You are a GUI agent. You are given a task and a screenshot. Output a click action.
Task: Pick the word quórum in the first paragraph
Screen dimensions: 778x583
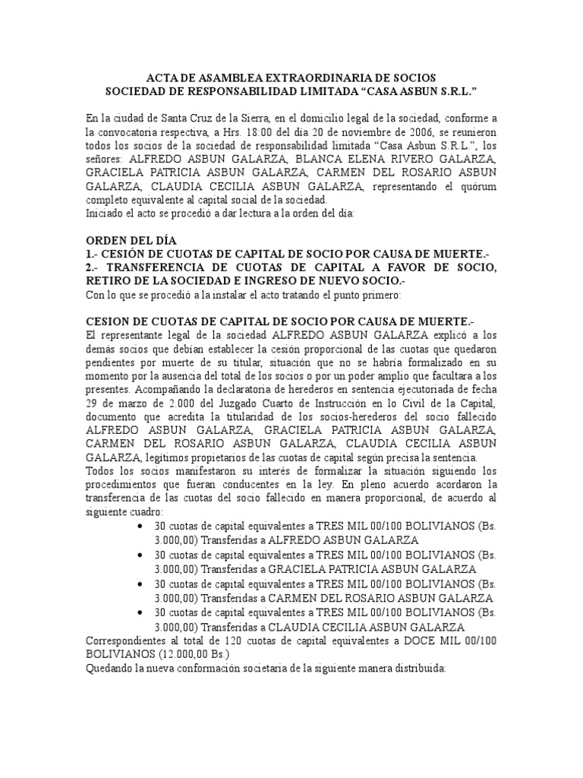(x=478, y=186)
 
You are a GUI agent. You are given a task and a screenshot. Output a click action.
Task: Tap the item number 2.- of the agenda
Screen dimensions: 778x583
(x=94, y=268)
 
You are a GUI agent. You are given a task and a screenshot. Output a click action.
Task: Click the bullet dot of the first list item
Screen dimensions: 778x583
(x=144, y=527)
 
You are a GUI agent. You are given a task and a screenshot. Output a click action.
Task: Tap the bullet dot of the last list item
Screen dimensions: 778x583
(x=144, y=612)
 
